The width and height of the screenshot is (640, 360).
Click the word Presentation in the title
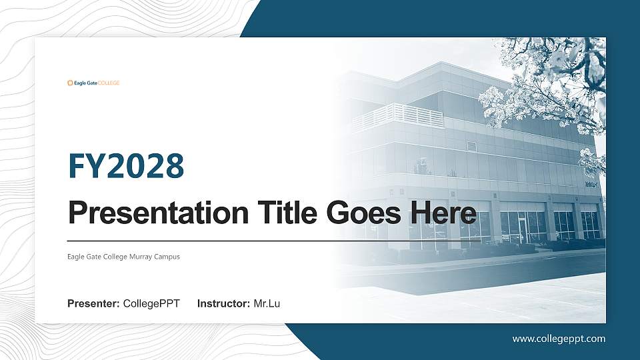click(154, 213)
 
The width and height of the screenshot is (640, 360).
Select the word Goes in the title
click(363, 213)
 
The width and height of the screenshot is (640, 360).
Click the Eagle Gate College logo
click(93, 83)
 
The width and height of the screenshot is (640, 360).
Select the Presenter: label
click(93, 304)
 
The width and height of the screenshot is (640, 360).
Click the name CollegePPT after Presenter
click(151, 304)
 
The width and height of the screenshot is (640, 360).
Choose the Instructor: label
click(224, 304)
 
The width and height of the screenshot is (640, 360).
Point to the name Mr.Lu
click(267, 304)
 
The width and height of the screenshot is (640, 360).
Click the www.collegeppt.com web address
click(559, 339)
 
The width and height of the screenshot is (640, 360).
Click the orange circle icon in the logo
click(70, 83)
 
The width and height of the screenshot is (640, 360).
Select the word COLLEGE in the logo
click(109, 83)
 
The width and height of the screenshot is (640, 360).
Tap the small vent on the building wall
click(471, 146)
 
